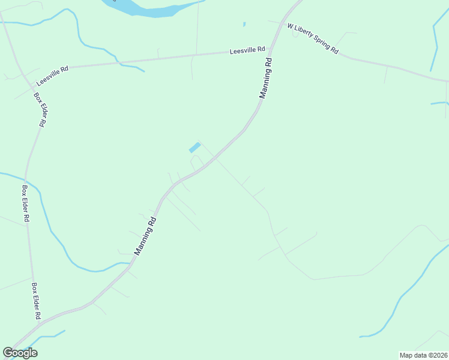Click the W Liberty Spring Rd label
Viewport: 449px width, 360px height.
(x=313, y=39)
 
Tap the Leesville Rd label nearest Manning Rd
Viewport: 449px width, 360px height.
(x=247, y=51)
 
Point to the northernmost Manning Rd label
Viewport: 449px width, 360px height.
(x=266, y=78)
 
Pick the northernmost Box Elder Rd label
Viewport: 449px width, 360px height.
(x=40, y=109)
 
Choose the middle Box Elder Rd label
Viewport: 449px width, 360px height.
(x=26, y=204)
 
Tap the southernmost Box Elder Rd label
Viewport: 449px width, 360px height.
(x=36, y=301)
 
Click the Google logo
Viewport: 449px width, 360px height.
(x=20, y=353)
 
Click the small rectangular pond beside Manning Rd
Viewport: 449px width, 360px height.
(x=194, y=148)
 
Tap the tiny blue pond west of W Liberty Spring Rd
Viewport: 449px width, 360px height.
(x=244, y=24)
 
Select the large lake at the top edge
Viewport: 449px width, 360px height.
(x=150, y=7)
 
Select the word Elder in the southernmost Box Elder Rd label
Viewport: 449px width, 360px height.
(x=36, y=301)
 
